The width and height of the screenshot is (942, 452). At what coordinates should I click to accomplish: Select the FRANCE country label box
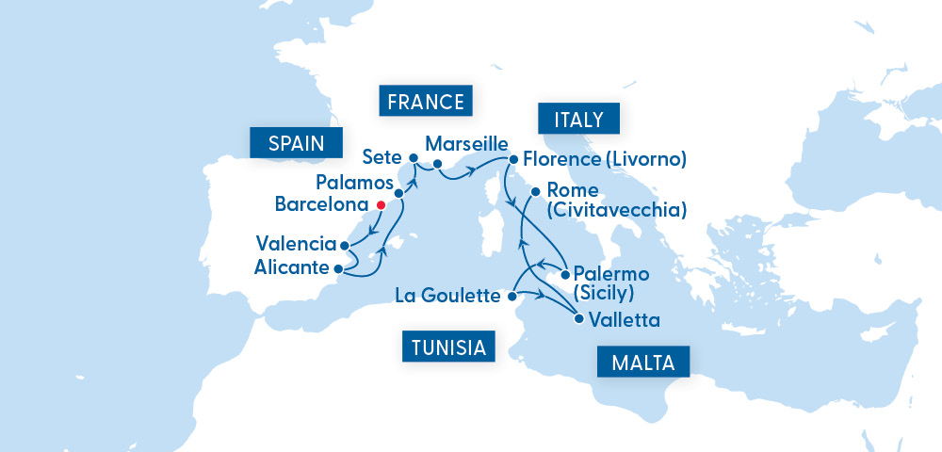pyautogui.click(x=425, y=101)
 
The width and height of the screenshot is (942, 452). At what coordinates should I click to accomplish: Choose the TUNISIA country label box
pyautogui.click(x=448, y=347)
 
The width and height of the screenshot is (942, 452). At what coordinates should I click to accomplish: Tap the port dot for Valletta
pyautogui.click(x=578, y=318)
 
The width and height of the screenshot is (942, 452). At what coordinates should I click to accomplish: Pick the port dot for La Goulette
pyautogui.click(x=511, y=297)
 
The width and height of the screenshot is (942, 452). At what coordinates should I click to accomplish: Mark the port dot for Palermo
pyautogui.click(x=564, y=275)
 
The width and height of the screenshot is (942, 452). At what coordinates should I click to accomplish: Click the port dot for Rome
pyautogui.click(x=535, y=192)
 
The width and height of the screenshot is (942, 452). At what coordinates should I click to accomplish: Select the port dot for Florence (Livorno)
pyautogui.click(x=513, y=159)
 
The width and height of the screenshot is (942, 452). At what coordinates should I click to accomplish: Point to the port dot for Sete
pyautogui.click(x=414, y=157)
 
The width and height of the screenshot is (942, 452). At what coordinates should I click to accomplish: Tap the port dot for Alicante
pyautogui.click(x=339, y=267)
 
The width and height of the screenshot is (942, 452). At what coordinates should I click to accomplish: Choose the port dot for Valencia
pyautogui.click(x=346, y=246)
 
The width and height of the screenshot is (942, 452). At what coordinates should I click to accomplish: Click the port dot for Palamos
pyautogui.click(x=399, y=193)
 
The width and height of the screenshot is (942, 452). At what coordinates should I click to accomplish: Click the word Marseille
pyautogui.click(x=466, y=146)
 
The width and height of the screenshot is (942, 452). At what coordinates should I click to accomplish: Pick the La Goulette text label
pyautogui.click(x=447, y=297)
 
